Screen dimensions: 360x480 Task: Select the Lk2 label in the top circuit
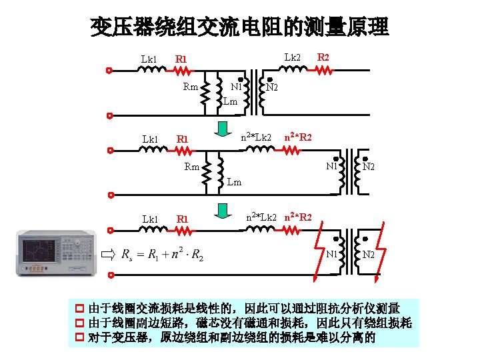[293, 58]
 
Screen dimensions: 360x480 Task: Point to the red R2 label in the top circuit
[323, 58]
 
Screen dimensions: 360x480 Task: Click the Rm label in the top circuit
[191, 87]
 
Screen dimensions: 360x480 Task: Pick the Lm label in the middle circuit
[235, 181]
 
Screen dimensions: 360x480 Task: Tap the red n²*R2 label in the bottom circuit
[298, 217]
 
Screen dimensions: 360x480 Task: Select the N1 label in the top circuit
[237, 87]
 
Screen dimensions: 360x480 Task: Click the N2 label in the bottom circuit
[369, 255]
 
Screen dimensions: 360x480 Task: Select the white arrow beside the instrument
[108, 254]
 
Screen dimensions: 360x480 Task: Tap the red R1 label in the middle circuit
[182, 139]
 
